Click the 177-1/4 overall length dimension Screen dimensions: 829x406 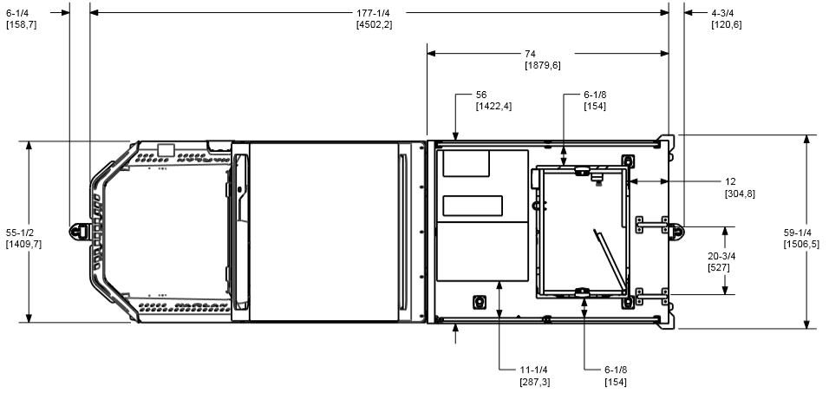[x=375, y=18]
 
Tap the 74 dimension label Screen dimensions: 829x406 [x=543, y=60]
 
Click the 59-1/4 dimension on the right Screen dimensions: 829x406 [x=801, y=238]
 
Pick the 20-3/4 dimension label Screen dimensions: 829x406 [x=721, y=262]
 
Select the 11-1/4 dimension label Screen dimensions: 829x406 [x=534, y=376]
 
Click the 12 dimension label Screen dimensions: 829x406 [x=739, y=187]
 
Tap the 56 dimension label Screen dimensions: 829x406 [x=493, y=101]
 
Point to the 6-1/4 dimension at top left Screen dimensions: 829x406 [x=21, y=18]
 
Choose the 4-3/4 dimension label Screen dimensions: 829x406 [x=727, y=18]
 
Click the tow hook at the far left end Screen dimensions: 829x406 [x=78, y=231]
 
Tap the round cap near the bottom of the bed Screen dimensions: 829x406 [x=480, y=301]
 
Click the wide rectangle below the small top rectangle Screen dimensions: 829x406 [x=473, y=206]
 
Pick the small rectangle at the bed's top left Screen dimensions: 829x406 [x=466, y=163]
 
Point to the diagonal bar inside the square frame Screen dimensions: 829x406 [x=610, y=259]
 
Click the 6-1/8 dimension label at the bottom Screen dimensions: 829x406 [x=616, y=376]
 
